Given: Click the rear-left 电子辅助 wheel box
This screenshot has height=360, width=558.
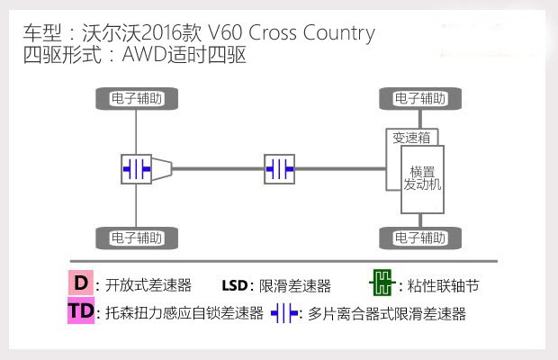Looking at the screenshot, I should click(x=137, y=97).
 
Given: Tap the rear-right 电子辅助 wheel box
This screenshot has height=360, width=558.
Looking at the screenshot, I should click(x=137, y=238).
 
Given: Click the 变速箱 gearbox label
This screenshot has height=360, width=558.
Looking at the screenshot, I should click(x=410, y=138).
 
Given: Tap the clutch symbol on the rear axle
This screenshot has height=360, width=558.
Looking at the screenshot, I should click(x=138, y=168).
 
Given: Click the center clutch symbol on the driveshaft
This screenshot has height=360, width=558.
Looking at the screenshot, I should click(x=279, y=168).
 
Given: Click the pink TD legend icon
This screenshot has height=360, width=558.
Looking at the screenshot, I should click(x=80, y=312).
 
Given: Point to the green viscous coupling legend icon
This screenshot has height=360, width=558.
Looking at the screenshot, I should click(x=382, y=284).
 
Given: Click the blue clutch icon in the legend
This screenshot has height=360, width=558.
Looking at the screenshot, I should click(x=285, y=313).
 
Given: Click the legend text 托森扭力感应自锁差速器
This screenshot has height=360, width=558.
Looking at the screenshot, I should click(x=184, y=314).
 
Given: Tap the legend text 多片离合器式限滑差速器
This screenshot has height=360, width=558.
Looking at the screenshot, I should click(x=387, y=314).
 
